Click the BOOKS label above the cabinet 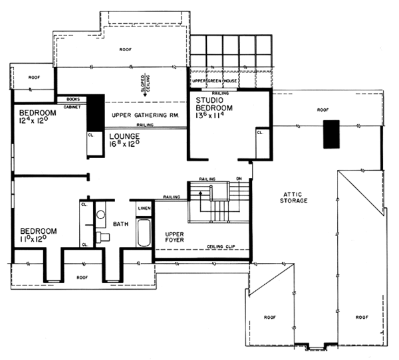pyautogui.click(x=73, y=99)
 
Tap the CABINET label pyautogui.click(x=72, y=106)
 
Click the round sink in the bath pyautogui.click(x=100, y=215)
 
